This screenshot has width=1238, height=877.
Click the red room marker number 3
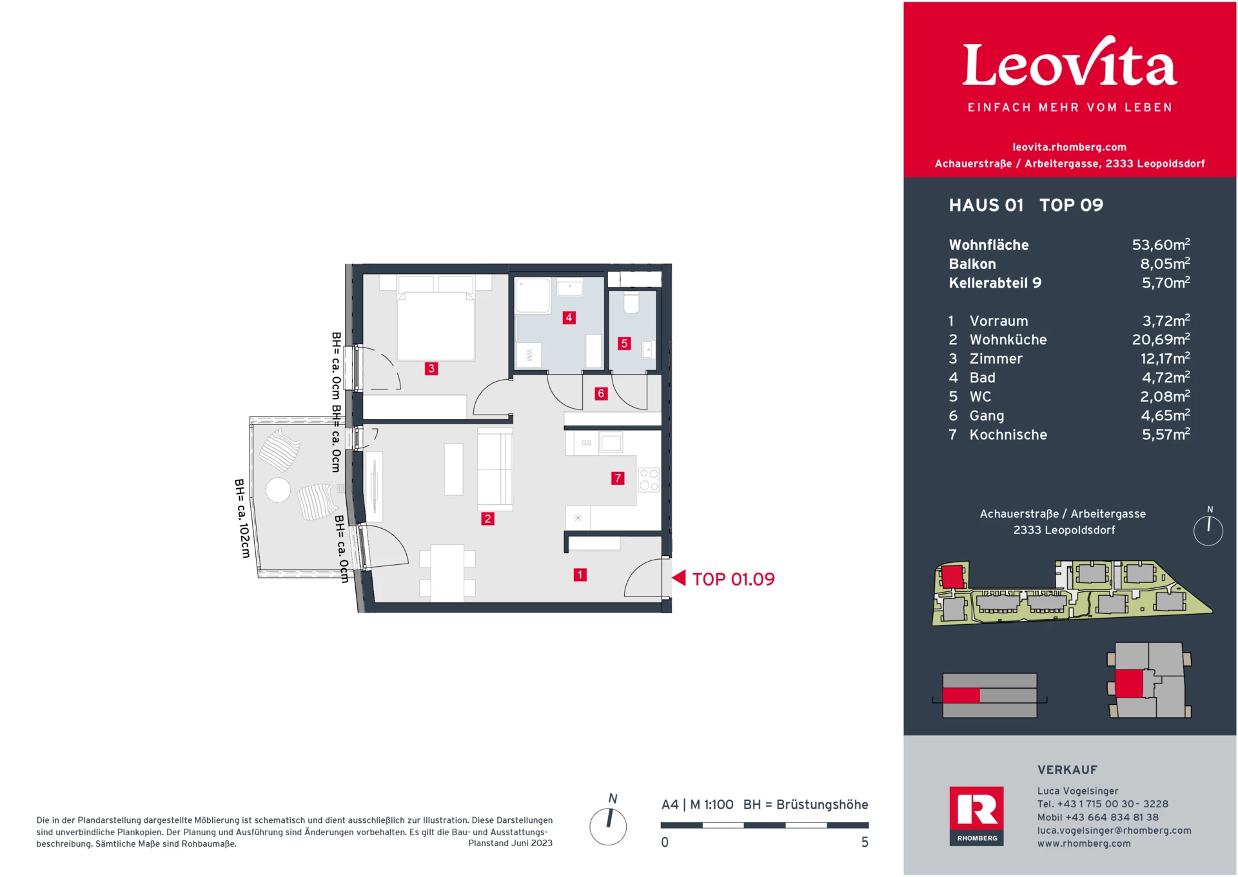[431, 369]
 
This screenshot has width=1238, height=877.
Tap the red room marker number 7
[618, 478]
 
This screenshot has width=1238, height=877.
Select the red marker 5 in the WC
[624, 344]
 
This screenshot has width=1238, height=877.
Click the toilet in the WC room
[631, 302]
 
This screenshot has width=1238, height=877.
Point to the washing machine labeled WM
[529, 355]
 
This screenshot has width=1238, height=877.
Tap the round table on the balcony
[279, 489]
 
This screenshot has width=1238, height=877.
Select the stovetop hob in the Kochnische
[649, 480]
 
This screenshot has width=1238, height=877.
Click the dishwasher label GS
[586, 443]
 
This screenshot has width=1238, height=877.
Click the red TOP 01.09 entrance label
[733, 579]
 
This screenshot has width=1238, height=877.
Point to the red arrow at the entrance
[679, 578]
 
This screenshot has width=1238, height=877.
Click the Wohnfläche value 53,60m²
[1161, 245]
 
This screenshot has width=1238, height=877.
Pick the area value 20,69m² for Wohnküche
[1161, 340]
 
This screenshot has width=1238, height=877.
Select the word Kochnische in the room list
[1008, 435]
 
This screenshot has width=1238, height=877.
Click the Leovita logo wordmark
[1070, 64]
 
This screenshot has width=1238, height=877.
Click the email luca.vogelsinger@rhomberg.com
[1114, 831]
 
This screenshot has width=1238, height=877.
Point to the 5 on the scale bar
[865, 842]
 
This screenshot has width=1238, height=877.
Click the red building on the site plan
[952, 575]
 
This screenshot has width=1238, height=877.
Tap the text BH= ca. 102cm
[242, 518]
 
